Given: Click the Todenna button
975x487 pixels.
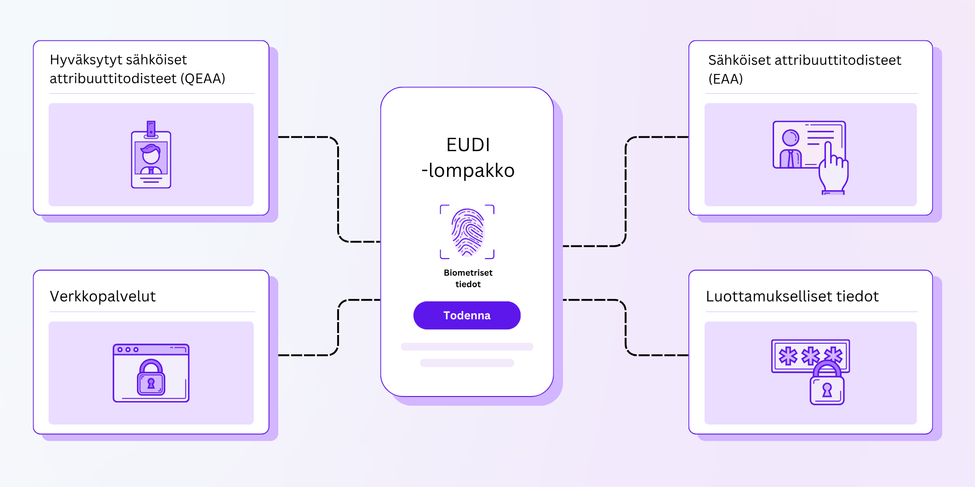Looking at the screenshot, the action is (x=467, y=315).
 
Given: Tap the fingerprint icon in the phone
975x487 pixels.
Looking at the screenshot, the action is (x=467, y=232).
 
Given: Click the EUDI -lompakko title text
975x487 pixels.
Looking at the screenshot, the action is (x=468, y=158).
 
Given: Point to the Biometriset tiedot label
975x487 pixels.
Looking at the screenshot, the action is (x=468, y=278).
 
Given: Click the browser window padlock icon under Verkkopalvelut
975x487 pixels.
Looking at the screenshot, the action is (x=151, y=378).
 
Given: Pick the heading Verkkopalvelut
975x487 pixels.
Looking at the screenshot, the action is (x=103, y=296).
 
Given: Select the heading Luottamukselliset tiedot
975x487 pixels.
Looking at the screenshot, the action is (x=792, y=296).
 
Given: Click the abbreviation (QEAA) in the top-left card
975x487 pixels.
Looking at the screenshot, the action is (x=203, y=79).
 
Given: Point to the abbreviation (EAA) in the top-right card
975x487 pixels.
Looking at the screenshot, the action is (x=725, y=79).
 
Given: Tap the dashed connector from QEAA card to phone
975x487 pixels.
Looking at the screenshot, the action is (x=338, y=188).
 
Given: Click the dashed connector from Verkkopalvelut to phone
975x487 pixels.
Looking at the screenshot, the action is (x=338, y=327).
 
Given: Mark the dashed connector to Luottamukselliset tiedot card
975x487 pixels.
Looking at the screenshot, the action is (x=625, y=327).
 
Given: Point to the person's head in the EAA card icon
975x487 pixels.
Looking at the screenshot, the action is (x=791, y=137).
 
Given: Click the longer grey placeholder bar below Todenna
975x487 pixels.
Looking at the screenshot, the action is (x=467, y=346).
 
